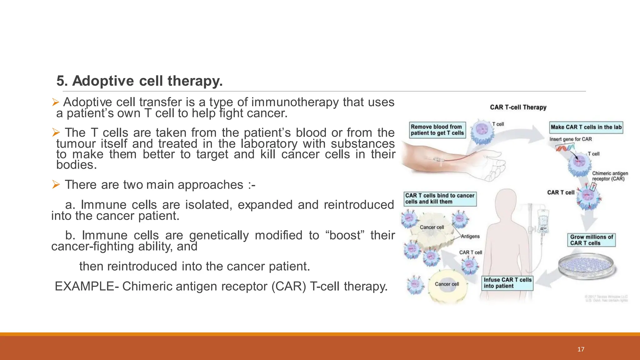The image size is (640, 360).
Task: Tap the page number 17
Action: click(x=581, y=349)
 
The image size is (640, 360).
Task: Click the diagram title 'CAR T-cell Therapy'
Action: click(x=518, y=107)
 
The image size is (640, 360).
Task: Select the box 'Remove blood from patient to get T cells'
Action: click(x=437, y=130)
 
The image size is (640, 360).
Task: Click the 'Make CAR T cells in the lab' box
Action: click(x=586, y=127)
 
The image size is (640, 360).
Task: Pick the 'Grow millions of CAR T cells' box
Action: click(x=591, y=240)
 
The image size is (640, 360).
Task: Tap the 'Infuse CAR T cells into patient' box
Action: click(x=507, y=283)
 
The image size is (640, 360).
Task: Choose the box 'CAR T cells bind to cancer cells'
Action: click(x=440, y=199)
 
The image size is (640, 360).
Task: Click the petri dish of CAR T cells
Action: click(x=586, y=265)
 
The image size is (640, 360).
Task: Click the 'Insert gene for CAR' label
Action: click(x=570, y=139)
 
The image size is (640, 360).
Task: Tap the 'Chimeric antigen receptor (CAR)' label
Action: click(x=609, y=176)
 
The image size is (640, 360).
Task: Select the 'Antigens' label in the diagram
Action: click(x=470, y=237)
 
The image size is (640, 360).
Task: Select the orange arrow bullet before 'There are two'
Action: click(x=56, y=185)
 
